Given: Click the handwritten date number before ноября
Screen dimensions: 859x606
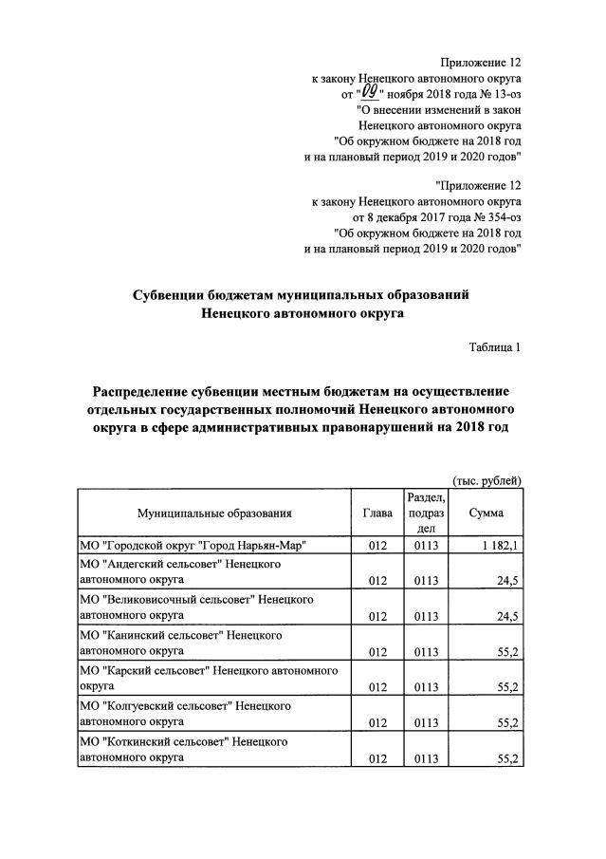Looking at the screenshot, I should tap(371, 92).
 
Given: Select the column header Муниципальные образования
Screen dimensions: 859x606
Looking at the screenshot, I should tap(213, 514).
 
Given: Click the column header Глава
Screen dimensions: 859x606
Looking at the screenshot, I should tap(377, 514).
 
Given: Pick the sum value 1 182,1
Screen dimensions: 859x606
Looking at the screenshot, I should tap(499, 545).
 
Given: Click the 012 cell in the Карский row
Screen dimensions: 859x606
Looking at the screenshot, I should tap(377, 687).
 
